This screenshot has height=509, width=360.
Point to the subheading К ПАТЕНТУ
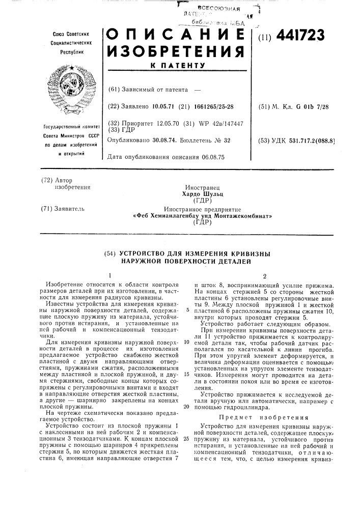(x=176, y=67)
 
